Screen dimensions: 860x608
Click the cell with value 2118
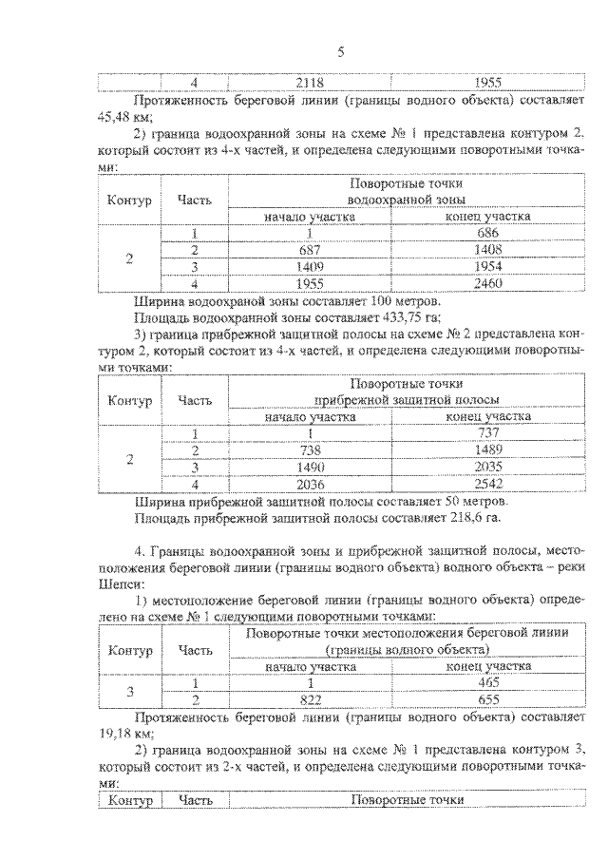(x=310, y=83)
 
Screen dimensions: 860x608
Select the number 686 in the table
(x=488, y=234)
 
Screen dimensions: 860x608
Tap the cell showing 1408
(x=488, y=250)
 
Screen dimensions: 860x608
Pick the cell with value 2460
(x=488, y=283)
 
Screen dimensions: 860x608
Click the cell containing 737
(x=488, y=433)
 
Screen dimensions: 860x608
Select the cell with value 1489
(x=488, y=449)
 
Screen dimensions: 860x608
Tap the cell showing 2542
(x=488, y=483)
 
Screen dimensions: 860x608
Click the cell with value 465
(x=488, y=683)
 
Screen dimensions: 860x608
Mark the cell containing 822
(x=310, y=700)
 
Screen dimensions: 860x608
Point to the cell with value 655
(x=488, y=700)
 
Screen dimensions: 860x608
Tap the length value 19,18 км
(x=118, y=735)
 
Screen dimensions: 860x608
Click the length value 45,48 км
(x=118, y=118)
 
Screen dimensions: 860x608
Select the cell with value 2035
(x=488, y=467)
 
